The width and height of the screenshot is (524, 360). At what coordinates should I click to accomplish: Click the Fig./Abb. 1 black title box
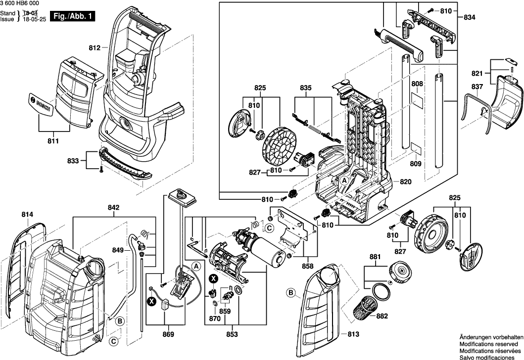tap(73, 16)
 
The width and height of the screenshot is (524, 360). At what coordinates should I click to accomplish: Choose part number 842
tap(113, 208)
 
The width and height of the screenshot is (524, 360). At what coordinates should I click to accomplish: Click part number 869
tap(169, 335)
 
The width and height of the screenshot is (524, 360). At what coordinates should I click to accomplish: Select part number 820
tap(405, 181)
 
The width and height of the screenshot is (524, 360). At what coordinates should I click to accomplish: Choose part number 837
tap(477, 87)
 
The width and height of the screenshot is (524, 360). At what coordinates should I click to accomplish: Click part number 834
tap(470, 17)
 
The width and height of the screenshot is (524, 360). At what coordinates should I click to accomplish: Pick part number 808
tap(417, 84)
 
